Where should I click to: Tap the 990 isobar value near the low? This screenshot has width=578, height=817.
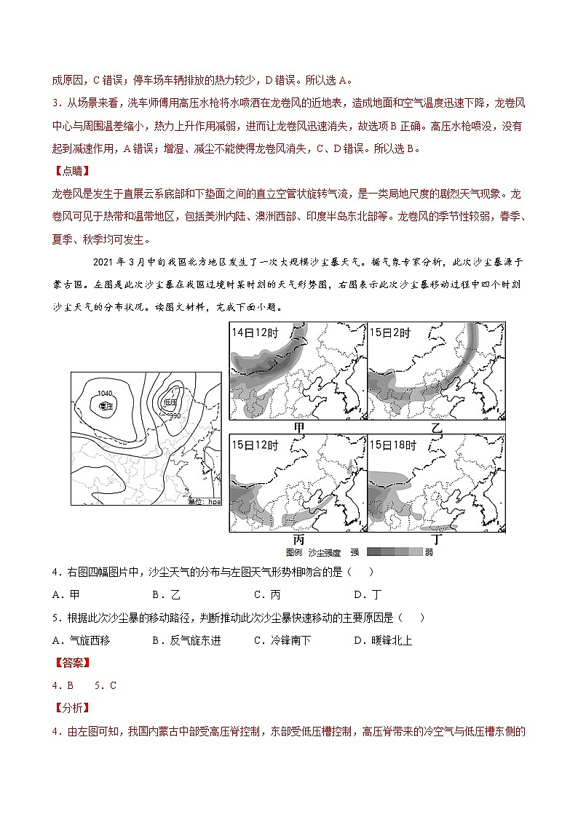175,415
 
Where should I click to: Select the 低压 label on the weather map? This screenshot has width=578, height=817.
171,402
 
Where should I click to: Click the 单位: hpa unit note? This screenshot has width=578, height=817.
203,501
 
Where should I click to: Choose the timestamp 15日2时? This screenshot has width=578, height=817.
390,332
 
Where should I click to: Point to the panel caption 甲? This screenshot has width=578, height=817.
298,427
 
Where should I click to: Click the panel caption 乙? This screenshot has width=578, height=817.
437,428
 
